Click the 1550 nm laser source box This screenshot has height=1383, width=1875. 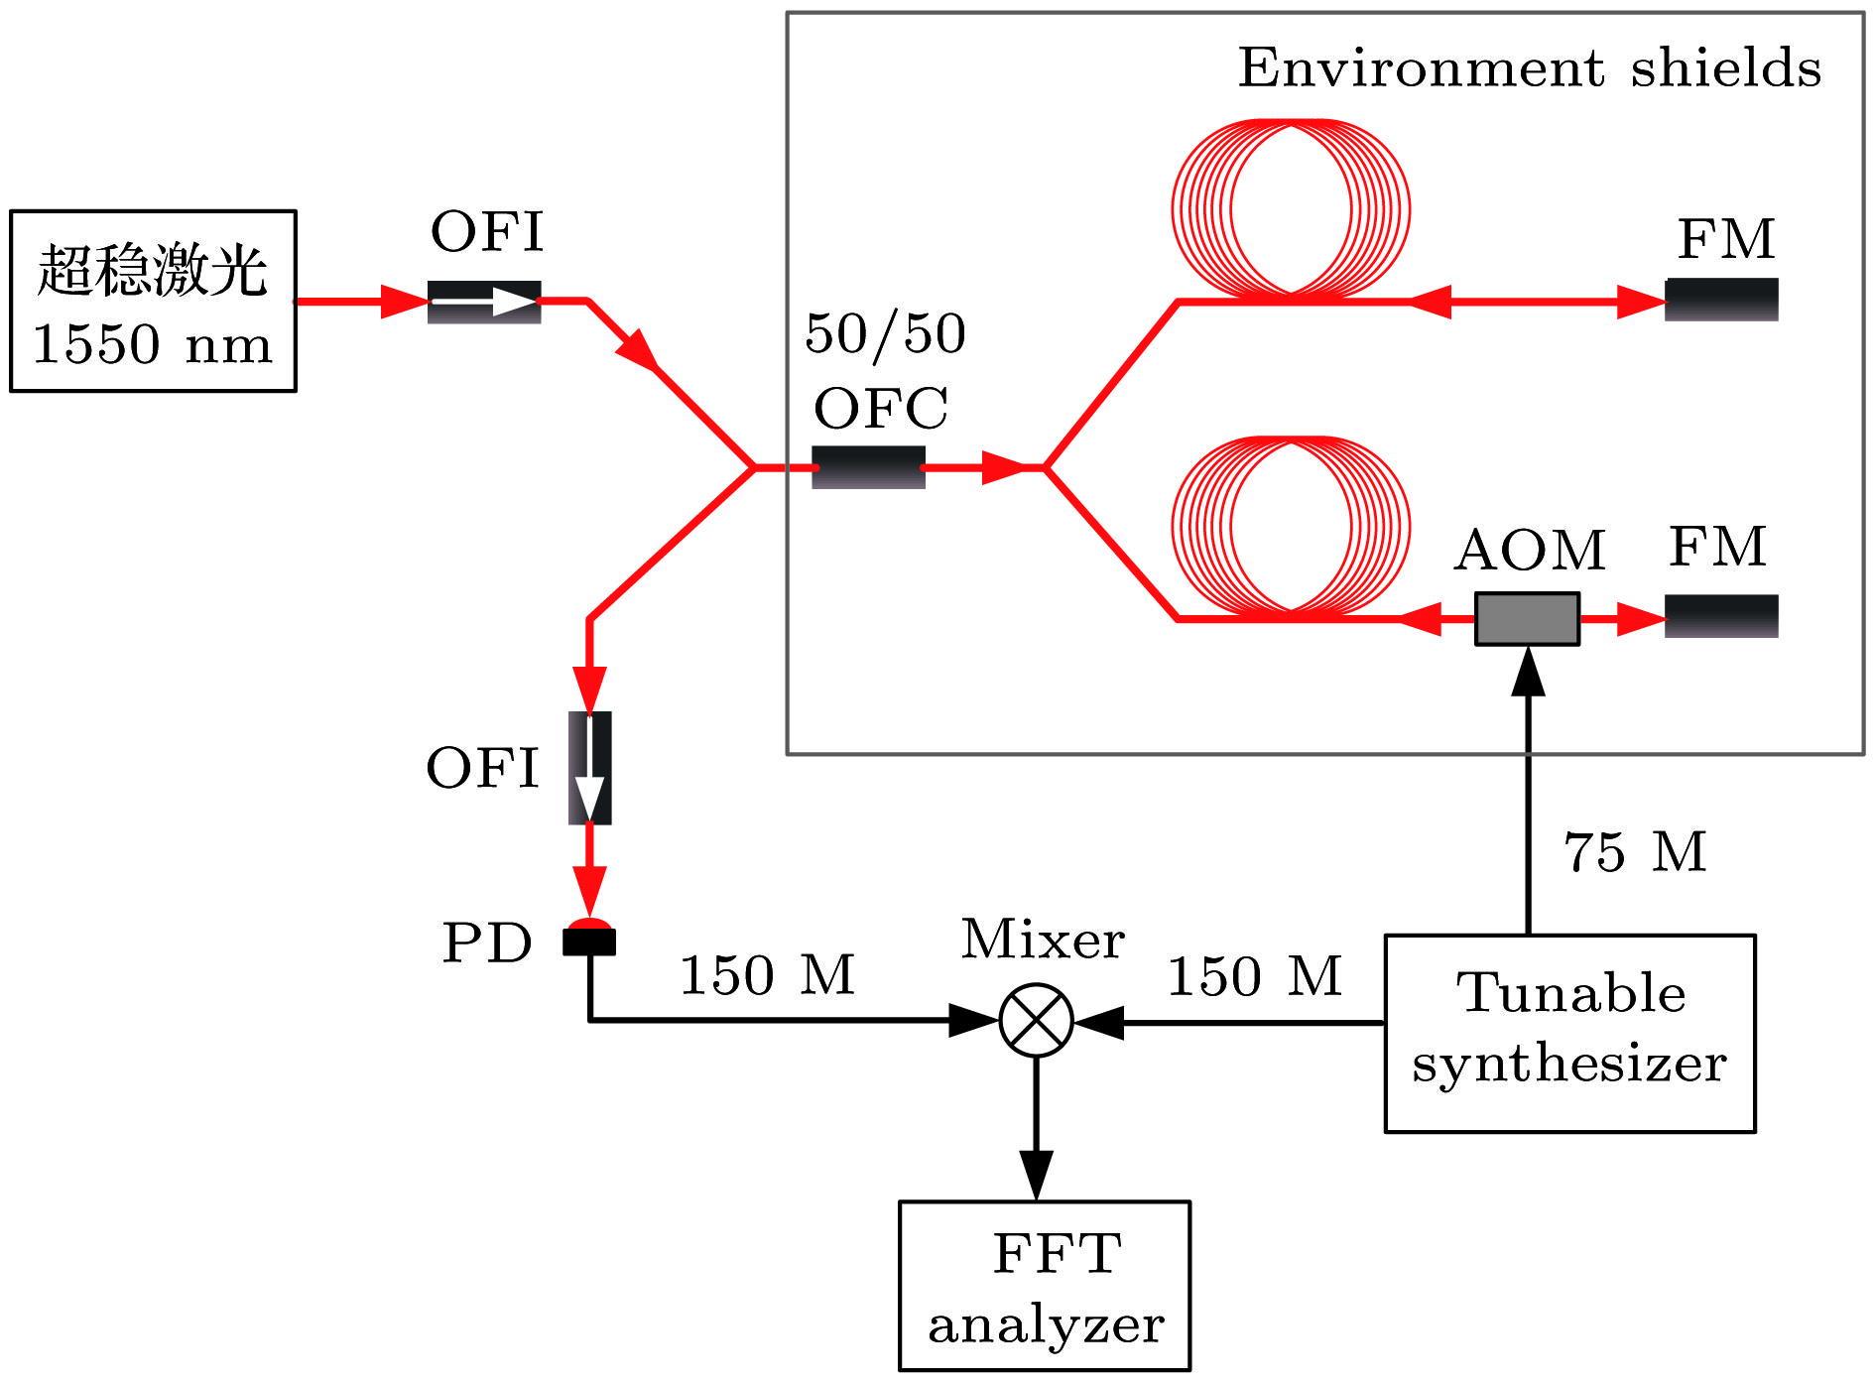pos(153,301)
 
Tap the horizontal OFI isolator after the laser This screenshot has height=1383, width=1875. pos(484,302)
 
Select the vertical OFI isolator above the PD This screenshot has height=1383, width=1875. pos(589,768)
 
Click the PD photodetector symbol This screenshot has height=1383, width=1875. pos(589,938)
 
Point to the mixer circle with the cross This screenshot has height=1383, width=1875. pos(1036,1021)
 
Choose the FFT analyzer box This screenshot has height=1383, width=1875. pos(1045,1286)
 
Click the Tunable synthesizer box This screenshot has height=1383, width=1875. pos(1569,1033)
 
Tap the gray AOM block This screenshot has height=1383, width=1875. pos(1527,619)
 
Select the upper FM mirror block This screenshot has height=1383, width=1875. pos(1721,300)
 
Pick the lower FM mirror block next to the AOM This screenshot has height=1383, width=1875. pos(1721,616)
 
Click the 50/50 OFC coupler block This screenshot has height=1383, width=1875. pos(868,467)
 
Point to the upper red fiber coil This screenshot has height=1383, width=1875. pos(1291,208)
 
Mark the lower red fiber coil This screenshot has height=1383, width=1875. pos(1291,526)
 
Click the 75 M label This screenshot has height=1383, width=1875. pos(1635,852)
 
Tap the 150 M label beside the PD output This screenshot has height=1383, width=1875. pos(767,975)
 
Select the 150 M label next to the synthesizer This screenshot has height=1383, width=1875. pos(1254,976)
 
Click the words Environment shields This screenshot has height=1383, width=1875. pos(1530,67)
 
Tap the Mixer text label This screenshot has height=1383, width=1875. pos(1043,940)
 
